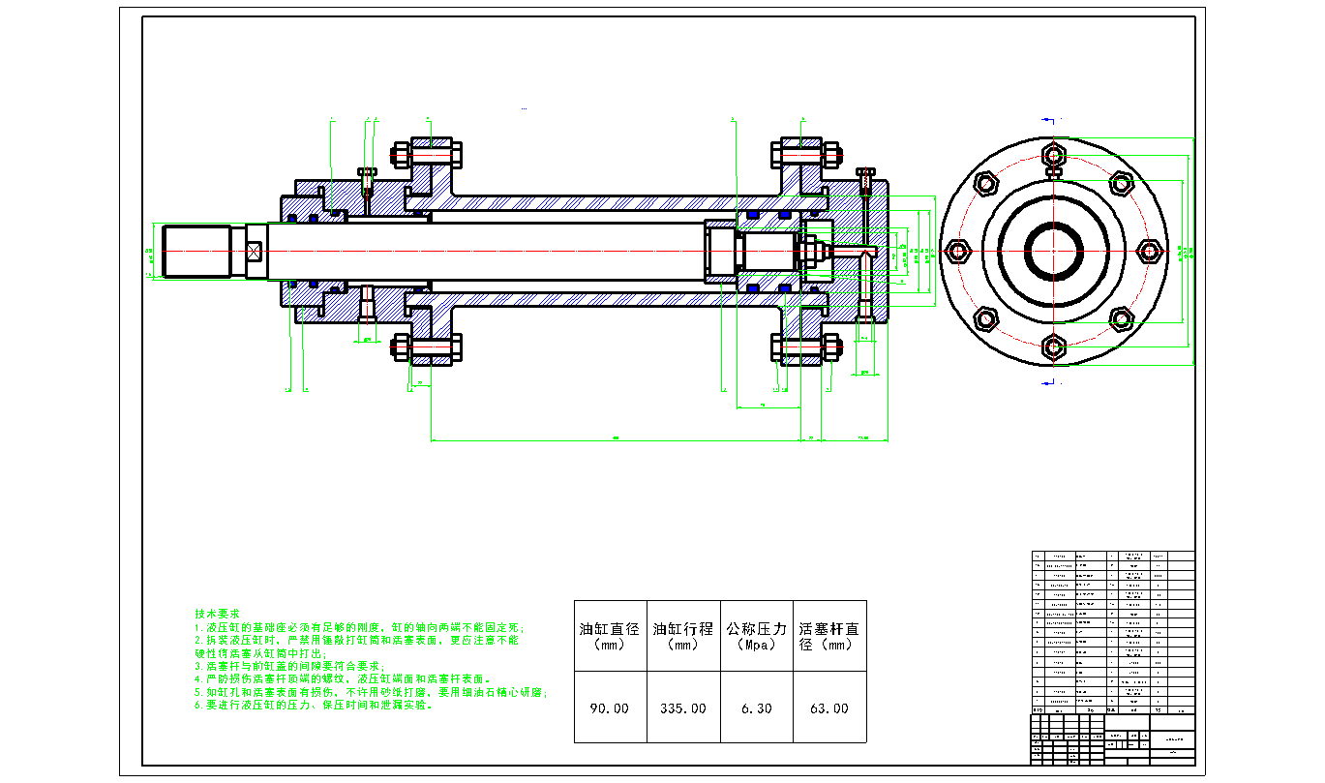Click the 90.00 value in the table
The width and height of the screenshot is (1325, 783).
tap(610, 708)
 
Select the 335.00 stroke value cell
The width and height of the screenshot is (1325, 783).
tap(683, 708)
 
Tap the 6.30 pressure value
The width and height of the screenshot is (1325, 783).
tap(757, 708)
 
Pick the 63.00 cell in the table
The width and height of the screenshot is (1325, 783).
tap(829, 708)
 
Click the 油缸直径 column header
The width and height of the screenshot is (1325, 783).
tap(610, 636)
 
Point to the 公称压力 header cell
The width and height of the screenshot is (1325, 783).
tap(757, 636)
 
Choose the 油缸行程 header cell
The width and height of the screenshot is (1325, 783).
tap(683, 636)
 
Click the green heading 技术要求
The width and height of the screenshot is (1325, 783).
tap(217, 615)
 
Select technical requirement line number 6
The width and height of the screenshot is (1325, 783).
tap(314, 706)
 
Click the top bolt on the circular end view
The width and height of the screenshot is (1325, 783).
tap(1055, 156)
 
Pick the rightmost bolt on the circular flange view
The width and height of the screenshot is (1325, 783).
tap(1150, 251)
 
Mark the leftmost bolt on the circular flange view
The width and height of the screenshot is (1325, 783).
tap(959, 251)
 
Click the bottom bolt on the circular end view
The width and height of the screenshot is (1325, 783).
tap(1055, 346)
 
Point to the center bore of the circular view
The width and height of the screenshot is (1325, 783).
tap(1055, 251)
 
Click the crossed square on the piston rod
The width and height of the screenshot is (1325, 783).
tap(255, 252)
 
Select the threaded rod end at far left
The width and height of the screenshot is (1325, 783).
tap(196, 252)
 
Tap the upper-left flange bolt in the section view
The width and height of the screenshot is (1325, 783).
tap(427, 155)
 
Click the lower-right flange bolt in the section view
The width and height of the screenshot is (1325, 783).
tap(804, 347)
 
